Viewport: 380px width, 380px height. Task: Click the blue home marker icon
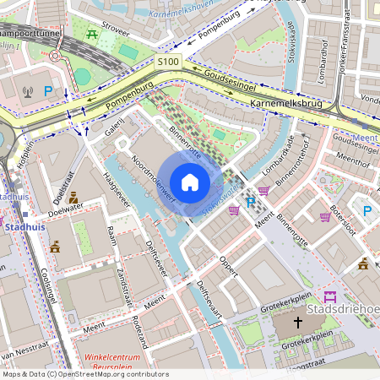pyautogui.click(x=190, y=182)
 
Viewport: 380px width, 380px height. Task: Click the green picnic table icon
pyautogui.click(x=91, y=34)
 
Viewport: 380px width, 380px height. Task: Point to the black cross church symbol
pyautogui.click(x=297, y=322)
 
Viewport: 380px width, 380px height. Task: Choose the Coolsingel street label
pyautogui.click(x=46, y=287)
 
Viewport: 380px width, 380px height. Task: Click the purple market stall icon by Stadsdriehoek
pyautogui.click(x=329, y=296)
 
